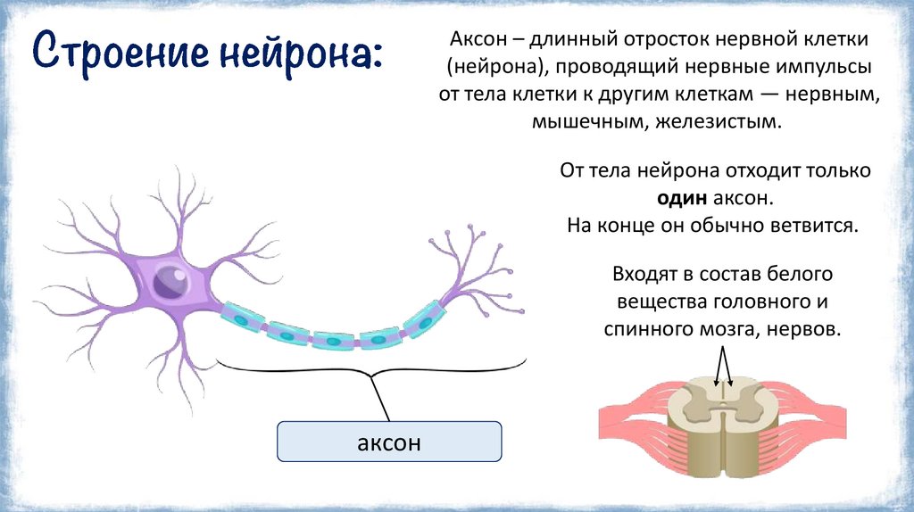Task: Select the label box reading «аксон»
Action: point(388,442)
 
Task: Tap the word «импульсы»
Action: point(826,68)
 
